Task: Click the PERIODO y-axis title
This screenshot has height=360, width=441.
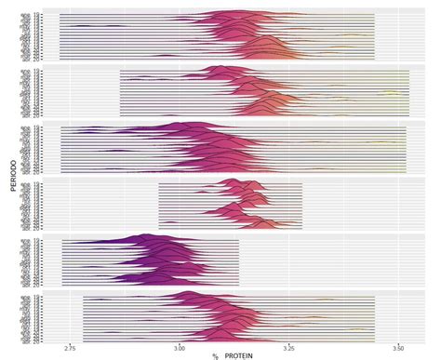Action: pyautogui.click(x=8, y=177)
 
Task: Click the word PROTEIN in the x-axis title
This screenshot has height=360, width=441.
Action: pyautogui.click(x=234, y=354)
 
